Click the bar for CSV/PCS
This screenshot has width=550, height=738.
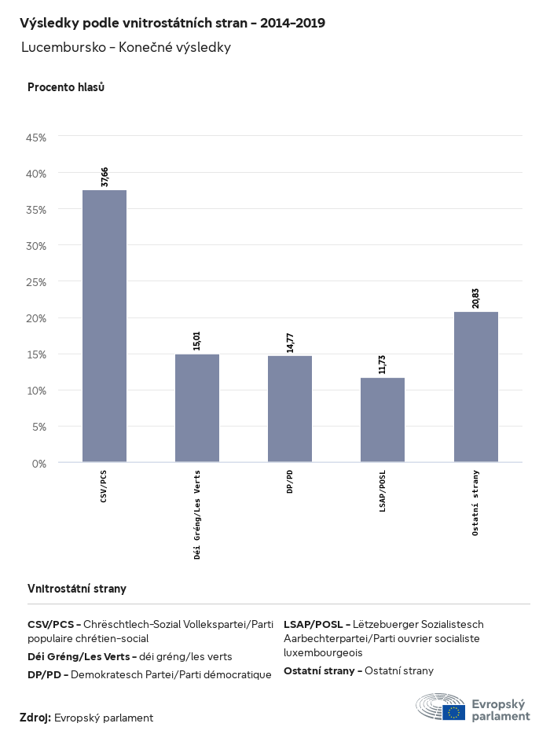click(104, 325)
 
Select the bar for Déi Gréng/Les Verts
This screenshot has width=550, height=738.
click(197, 408)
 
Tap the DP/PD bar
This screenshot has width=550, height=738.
click(290, 409)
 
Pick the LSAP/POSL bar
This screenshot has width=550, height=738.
click(383, 420)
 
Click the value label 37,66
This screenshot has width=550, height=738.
click(104, 177)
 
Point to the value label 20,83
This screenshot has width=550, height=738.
click(475, 299)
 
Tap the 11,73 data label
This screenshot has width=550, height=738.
click(383, 365)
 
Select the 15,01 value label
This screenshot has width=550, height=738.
click(197, 341)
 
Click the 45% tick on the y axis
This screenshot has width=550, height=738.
click(37, 138)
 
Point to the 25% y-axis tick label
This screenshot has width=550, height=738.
click(37, 282)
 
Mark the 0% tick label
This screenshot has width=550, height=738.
click(39, 464)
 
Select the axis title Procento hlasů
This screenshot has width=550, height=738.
click(66, 87)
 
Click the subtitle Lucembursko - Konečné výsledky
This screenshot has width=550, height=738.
click(126, 47)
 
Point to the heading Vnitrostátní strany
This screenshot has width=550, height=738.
click(77, 589)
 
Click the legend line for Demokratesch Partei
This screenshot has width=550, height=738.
click(149, 674)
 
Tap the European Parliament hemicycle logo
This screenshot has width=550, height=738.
click(440, 707)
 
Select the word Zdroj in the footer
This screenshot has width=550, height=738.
click(35, 718)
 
